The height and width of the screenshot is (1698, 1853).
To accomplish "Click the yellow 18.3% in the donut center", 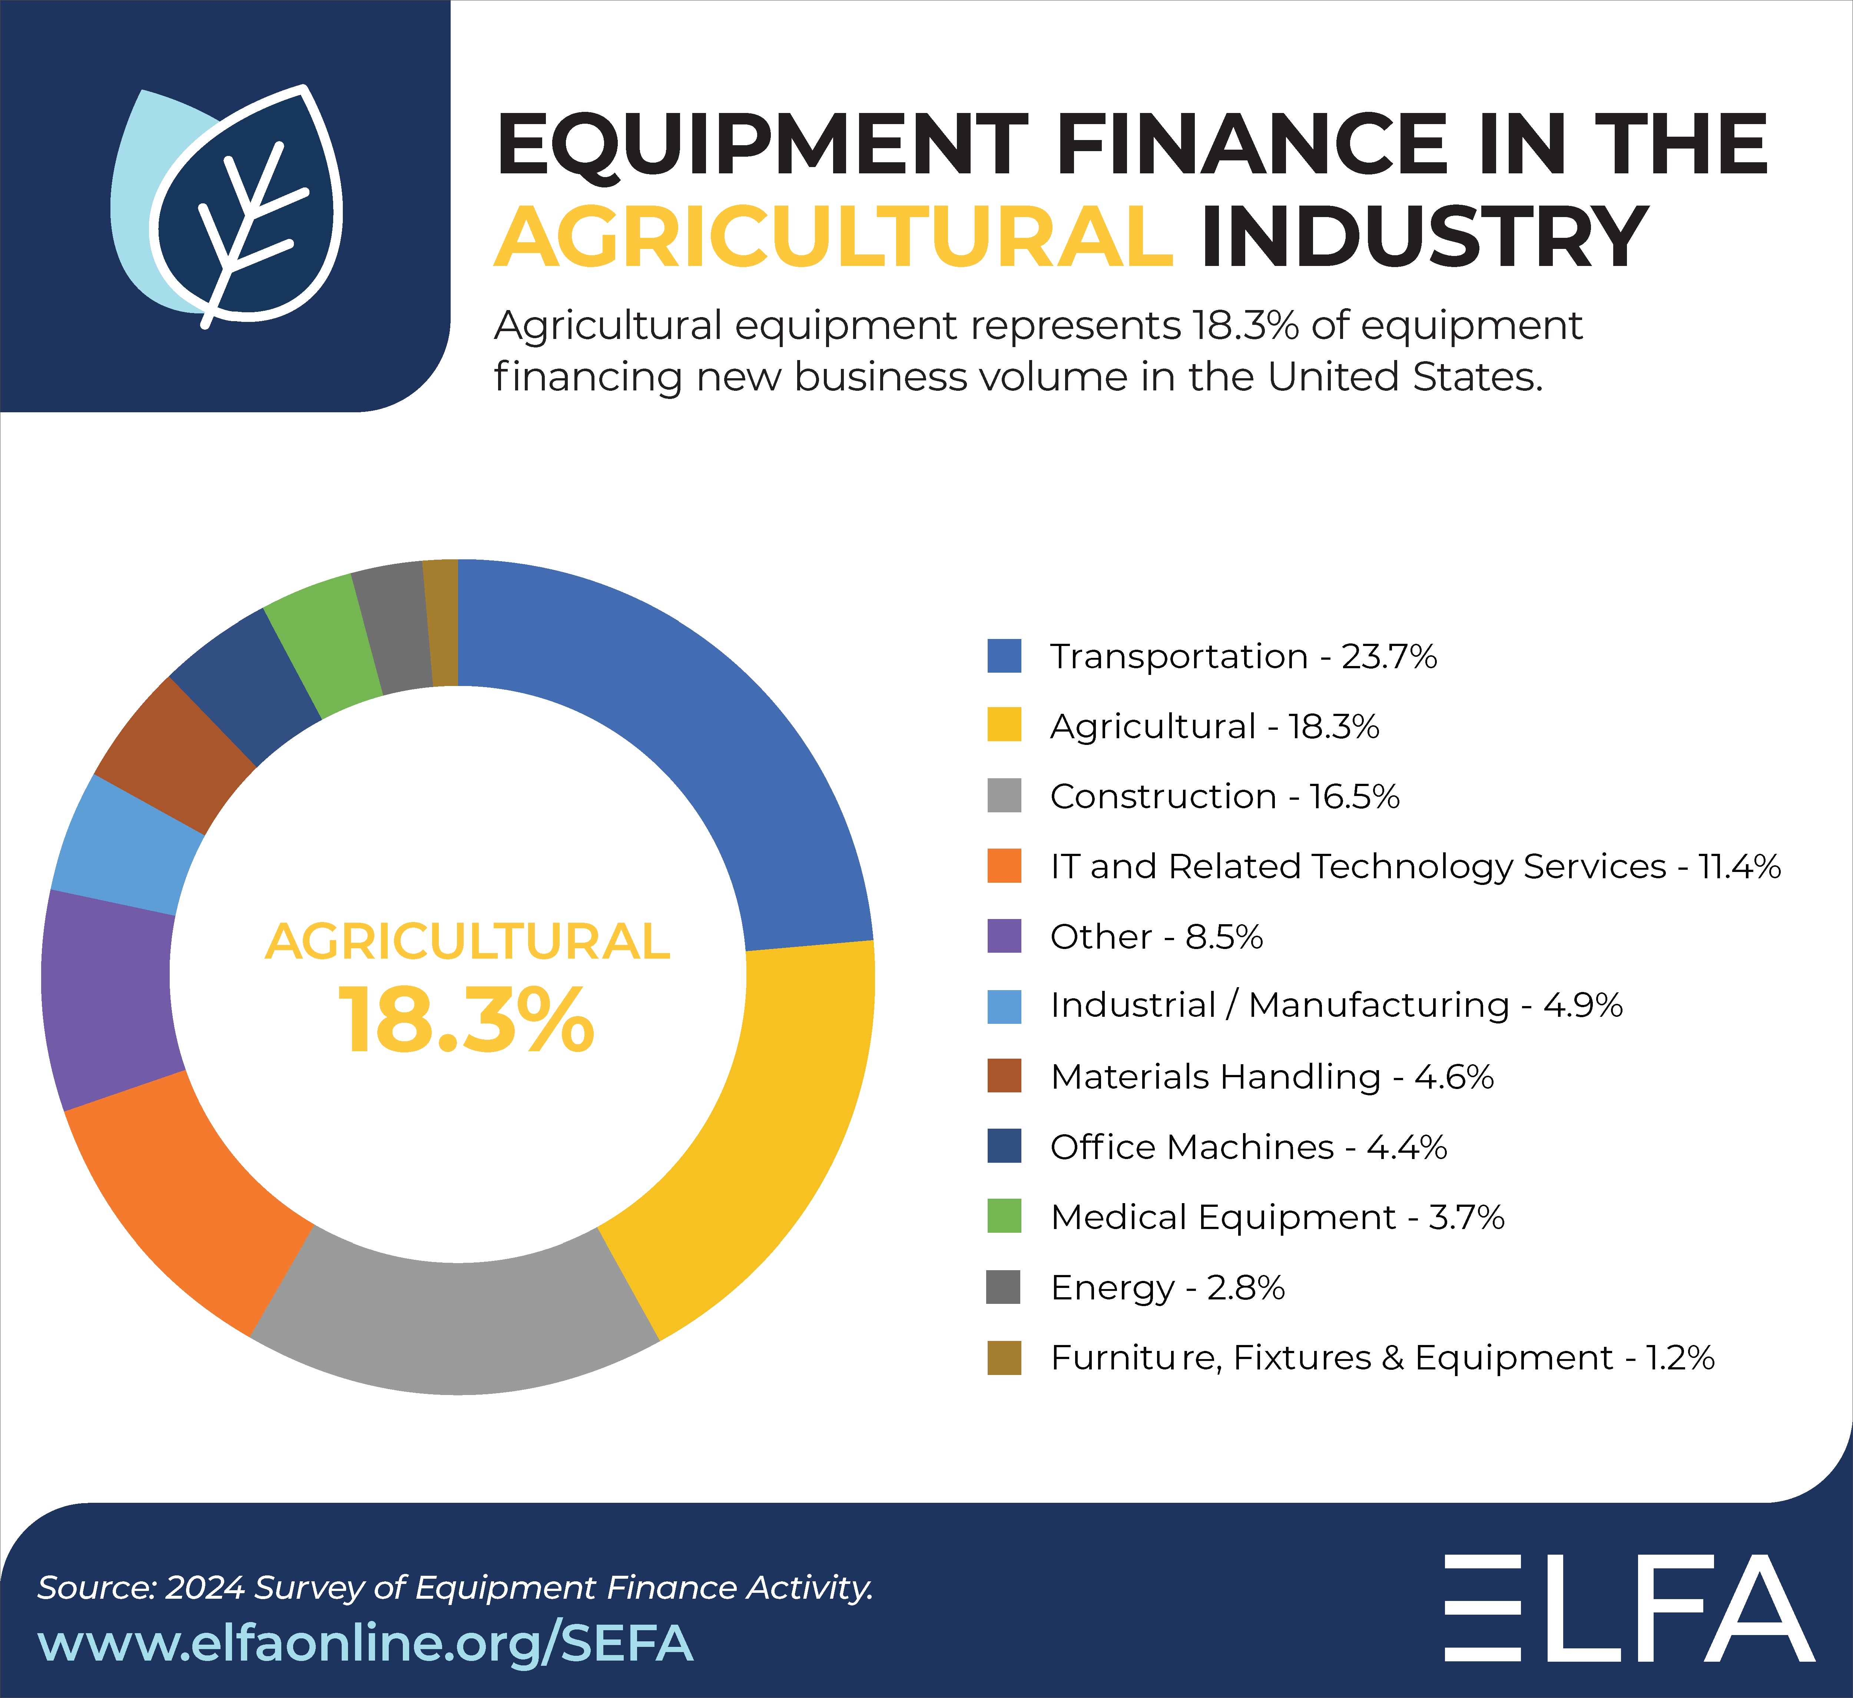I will [467, 1020].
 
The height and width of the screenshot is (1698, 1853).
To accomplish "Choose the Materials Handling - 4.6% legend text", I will [1271, 1077].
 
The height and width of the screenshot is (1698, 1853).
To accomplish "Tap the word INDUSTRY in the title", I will [1425, 237].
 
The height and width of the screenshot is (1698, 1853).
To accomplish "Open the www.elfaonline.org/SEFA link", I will [365, 1643].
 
